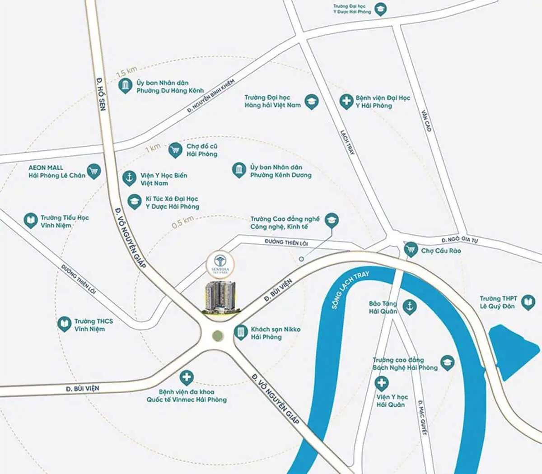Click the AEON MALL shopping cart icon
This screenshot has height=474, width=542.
tap(93, 171)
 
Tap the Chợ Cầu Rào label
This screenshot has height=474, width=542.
tap(441, 250)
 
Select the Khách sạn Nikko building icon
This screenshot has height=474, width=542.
tap(240, 332)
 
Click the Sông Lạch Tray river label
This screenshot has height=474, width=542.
tap(350, 290)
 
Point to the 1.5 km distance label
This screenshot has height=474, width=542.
tap(126, 71)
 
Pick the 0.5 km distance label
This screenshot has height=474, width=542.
tap(182, 222)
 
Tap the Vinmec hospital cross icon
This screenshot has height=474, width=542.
tap(186, 377)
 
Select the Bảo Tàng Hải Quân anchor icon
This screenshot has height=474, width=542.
tap(409, 307)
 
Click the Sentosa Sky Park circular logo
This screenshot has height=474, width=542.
tap(220, 263)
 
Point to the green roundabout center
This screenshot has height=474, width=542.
tap(217, 336)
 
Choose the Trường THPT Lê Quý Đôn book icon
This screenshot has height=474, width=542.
tap(528, 302)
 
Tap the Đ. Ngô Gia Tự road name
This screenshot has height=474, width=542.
tap(459, 240)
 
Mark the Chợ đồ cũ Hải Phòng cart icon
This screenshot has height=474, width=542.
tap(175, 149)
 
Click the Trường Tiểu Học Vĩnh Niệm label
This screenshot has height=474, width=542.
tap(65, 221)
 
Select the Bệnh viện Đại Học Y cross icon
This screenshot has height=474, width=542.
tap(346, 101)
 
